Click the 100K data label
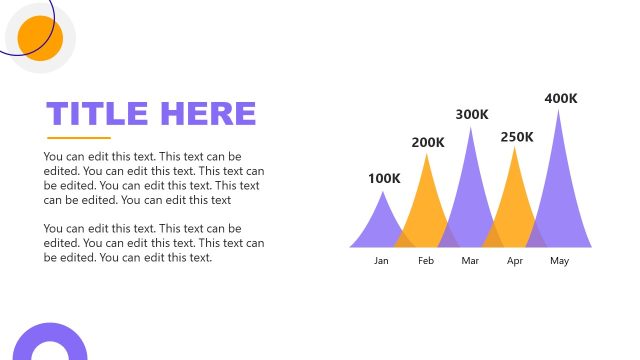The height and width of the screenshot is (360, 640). [384, 179]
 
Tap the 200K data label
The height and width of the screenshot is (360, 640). [428, 143]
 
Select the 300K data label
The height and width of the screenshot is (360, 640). [472, 115]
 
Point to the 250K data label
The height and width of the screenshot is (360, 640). [517, 137]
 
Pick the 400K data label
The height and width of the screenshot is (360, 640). [561, 98]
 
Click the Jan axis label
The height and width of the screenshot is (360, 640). [381, 261]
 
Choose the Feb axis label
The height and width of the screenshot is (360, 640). [426, 261]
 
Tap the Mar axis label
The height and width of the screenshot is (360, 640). [471, 261]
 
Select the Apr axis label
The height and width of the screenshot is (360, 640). [515, 261]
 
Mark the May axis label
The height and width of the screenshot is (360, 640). [559, 261]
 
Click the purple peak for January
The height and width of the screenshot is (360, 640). [381, 225]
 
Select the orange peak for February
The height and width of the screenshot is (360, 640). [427, 205]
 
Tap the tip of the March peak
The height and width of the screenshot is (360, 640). [471, 131]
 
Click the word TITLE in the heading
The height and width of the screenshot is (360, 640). [97, 114]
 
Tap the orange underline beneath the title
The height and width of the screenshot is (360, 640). [79, 137]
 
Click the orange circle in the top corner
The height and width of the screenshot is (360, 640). [40, 39]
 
